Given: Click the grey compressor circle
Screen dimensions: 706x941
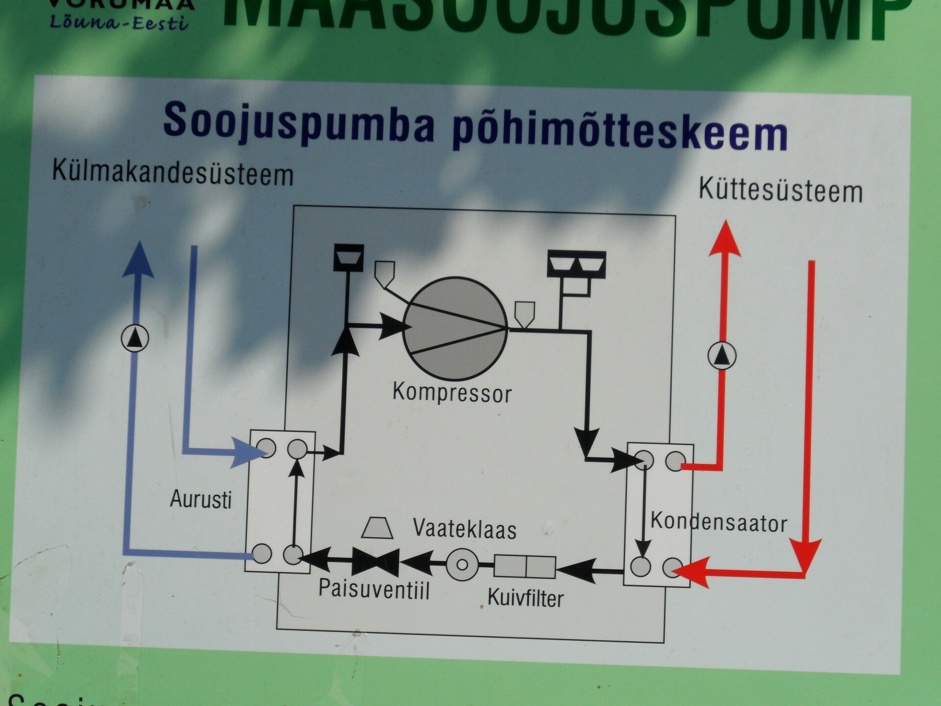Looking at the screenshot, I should point(455,328).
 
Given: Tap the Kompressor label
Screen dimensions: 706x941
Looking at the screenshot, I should point(452,393).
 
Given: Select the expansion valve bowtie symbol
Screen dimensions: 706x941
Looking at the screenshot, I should point(375,561).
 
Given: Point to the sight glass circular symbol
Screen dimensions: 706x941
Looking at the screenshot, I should point(462,564).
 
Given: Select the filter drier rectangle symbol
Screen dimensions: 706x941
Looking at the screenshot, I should point(524,567).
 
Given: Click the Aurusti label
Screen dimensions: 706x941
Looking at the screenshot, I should point(200,499).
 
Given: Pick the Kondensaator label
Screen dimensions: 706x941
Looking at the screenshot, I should point(718,523).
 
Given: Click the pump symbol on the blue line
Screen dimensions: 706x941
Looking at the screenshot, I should point(135,338).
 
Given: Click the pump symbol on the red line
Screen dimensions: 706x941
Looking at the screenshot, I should point(721,355).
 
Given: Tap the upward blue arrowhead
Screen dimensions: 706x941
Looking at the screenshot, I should point(139,260).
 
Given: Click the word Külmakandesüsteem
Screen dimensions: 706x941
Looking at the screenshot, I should point(173,173).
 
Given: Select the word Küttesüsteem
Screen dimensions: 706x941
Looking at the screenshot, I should point(780,190).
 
